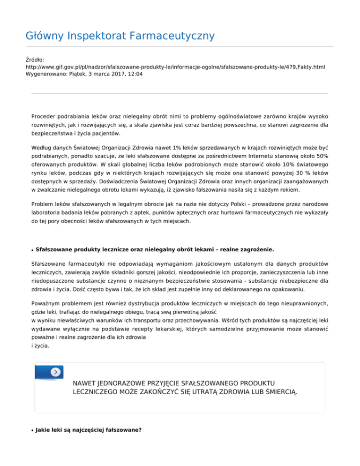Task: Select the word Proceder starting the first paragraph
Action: pyautogui.click(x=45, y=116)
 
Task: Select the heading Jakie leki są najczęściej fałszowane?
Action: pyautogui.click(x=88, y=428)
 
